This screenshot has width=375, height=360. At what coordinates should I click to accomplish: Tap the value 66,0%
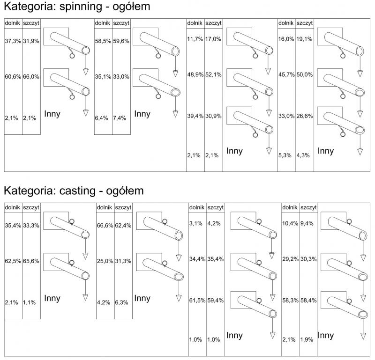(x=31, y=76)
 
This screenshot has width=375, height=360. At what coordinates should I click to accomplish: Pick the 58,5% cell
(x=103, y=41)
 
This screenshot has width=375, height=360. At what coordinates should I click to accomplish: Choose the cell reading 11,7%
(x=195, y=39)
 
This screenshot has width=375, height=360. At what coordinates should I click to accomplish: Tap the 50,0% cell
(x=304, y=75)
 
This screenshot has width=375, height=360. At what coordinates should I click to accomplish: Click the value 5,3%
(x=285, y=155)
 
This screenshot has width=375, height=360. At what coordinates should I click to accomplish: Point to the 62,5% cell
(x=13, y=262)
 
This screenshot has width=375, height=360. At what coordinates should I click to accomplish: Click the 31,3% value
(x=123, y=261)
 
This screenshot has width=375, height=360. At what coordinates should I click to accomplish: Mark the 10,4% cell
(x=290, y=224)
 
